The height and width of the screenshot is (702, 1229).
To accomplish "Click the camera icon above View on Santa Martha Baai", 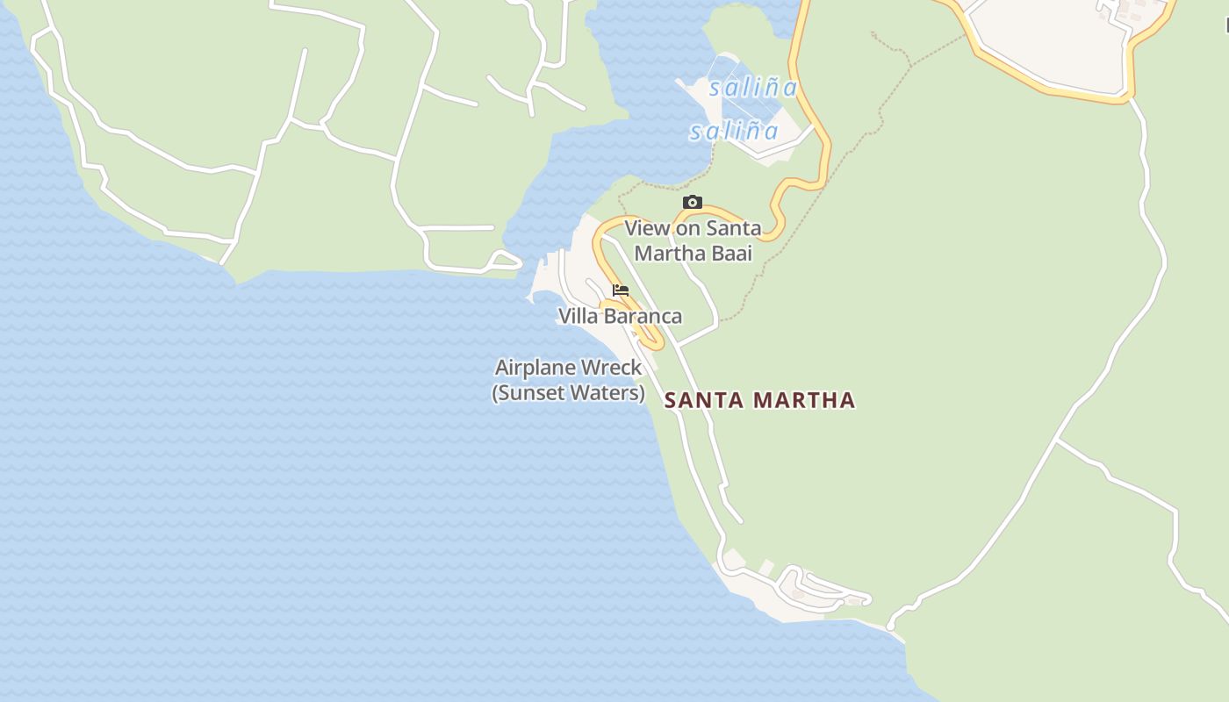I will [x=692, y=203].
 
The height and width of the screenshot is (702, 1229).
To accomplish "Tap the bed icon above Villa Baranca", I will [x=621, y=290].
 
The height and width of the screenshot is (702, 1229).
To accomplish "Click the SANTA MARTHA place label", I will [x=759, y=400].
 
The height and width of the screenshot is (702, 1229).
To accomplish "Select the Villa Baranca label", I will [x=620, y=316].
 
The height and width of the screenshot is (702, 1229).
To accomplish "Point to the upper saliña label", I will [x=753, y=88].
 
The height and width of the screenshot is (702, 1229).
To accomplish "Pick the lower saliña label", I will [x=734, y=132].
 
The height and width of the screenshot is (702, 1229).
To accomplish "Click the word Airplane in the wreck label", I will [x=532, y=368].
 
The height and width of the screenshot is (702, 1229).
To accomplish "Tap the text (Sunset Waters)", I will [x=569, y=393].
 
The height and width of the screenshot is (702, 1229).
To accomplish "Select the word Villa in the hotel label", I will [x=577, y=316].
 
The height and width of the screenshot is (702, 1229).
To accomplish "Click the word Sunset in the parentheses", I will [x=528, y=393].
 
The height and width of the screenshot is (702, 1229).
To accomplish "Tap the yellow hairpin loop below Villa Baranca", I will [x=653, y=338].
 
